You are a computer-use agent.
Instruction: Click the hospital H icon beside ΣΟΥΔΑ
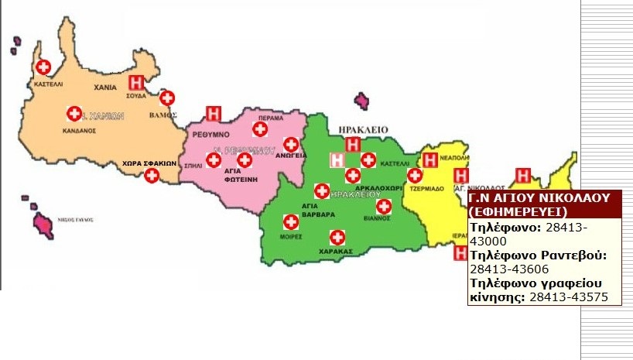[x=137, y=81]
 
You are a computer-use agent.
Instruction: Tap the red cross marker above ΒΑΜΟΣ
[x=166, y=98]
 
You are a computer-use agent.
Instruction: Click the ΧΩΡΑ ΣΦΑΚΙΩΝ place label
[x=150, y=163]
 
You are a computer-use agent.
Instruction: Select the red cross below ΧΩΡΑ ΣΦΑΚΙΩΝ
[x=152, y=176]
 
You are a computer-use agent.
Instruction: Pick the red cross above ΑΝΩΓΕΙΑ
[x=291, y=144]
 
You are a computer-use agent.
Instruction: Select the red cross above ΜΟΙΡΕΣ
[x=291, y=221]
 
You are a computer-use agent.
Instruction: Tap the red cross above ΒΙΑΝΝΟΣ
[x=383, y=207]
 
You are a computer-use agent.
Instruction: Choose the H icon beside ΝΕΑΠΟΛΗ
[x=430, y=161]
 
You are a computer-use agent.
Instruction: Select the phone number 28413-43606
[x=501, y=268]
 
